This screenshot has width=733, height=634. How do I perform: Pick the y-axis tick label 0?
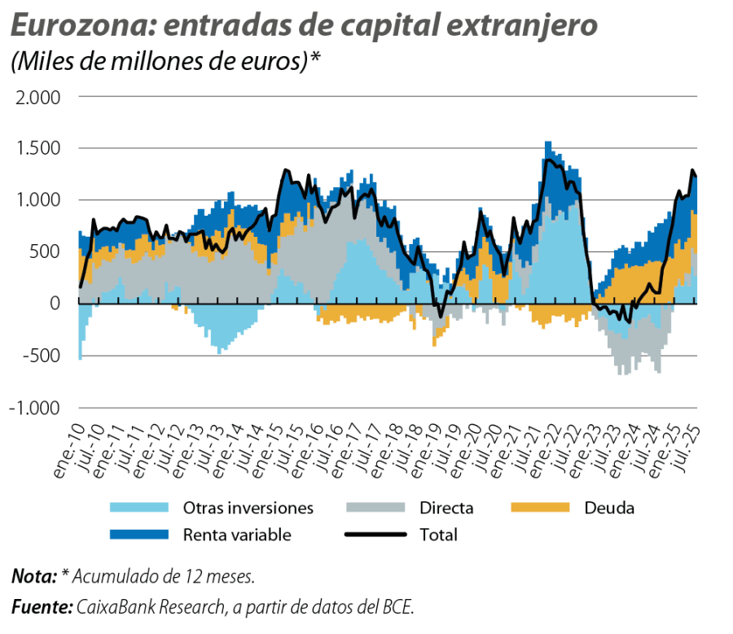pos(55,304)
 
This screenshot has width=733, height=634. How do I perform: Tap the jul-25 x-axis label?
pos(688,444)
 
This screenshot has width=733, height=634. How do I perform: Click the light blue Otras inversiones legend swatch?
pos(138,509)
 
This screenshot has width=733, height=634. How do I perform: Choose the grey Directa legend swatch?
pos(375,509)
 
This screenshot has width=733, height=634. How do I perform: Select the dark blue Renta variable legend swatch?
pos(138,535)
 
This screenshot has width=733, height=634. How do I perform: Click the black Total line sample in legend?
pos(375,535)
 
